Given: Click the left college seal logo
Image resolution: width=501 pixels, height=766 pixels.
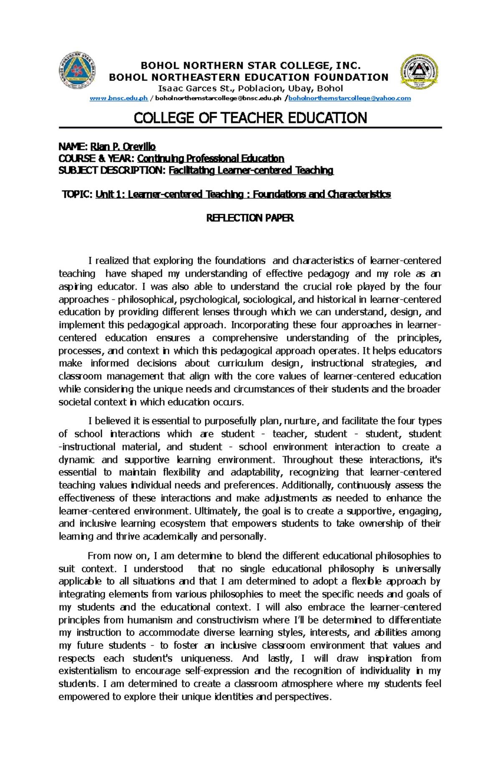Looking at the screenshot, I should coord(77,70).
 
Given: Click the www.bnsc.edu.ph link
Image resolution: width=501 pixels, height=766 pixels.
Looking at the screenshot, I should coord(119,98).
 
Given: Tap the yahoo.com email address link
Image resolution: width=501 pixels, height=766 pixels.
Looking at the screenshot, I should coord(349,98).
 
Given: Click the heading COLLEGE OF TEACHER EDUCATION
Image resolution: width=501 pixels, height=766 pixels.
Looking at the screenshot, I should coord(250,118).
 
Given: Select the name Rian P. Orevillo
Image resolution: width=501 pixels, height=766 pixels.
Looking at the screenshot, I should coord(120,147).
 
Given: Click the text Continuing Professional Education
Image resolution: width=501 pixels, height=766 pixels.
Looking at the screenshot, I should coord(210,159).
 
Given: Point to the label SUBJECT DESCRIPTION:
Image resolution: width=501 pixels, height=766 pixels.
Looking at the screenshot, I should coord(112,170).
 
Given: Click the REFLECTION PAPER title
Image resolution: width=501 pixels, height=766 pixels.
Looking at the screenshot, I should coord(250,218).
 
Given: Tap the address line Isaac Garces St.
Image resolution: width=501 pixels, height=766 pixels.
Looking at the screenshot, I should coord(250,88).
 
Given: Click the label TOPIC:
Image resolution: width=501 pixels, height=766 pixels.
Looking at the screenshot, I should coord(77,195).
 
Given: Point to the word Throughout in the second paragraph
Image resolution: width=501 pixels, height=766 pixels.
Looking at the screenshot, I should coord(308,460).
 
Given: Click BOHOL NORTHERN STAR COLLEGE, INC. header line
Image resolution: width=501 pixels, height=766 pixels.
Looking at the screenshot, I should coord(250,66).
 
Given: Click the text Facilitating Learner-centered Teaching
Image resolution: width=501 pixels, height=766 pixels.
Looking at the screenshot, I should coord(251,170).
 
